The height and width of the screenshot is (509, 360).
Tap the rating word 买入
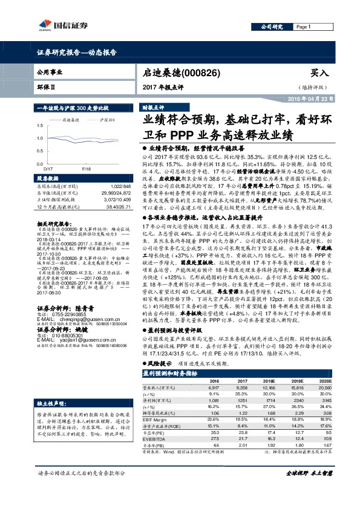[x=319, y=73]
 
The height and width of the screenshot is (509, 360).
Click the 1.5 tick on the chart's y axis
[x=41, y=126]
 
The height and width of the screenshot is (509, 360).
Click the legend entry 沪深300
[x=106, y=120]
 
